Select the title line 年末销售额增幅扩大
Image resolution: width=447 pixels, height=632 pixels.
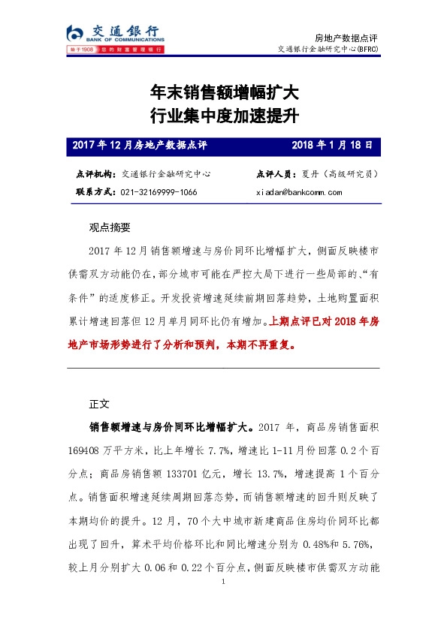pyautogui.click(x=225, y=93)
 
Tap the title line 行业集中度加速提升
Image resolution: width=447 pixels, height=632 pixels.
pyautogui.click(x=225, y=116)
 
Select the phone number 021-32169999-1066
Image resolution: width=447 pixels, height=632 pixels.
pyautogui.click(x=159, y=192)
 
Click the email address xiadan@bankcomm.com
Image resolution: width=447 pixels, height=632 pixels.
pyautogui.click(x=299, y=192)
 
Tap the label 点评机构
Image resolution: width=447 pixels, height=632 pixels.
pyautogui.click(x=95, y=174)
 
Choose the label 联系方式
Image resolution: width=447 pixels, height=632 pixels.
pyautogui.click(x=95, y=192)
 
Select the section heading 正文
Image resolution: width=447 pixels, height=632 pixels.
pyautogui.click(x=99, y=403)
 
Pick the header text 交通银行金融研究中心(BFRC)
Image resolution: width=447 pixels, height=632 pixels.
pyautogui.click(x=329, y=50)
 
